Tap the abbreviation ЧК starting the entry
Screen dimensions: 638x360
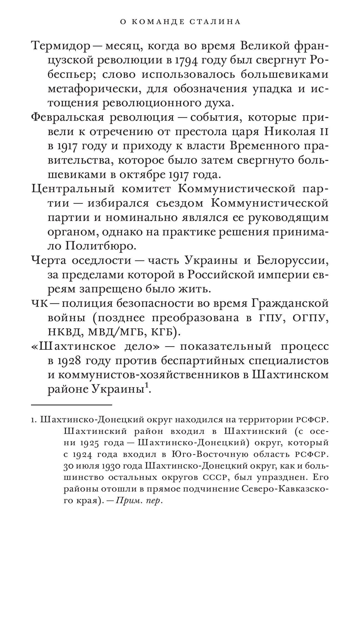pos(40,303)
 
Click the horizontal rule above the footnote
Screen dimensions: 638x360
pos(71,405)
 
